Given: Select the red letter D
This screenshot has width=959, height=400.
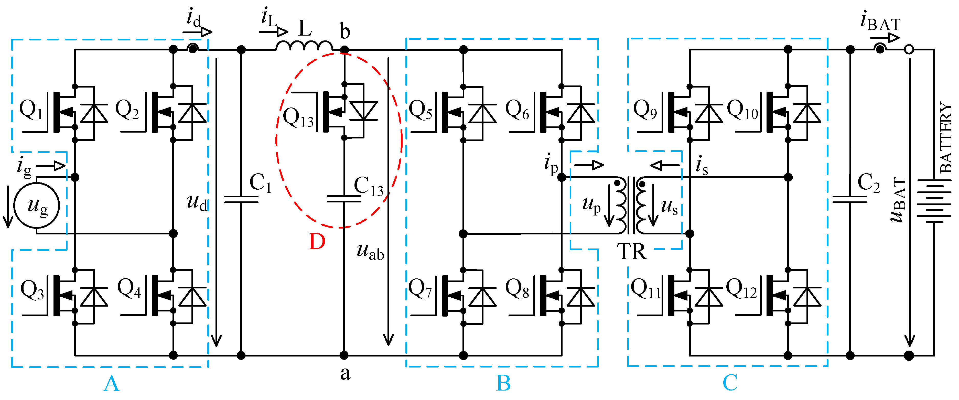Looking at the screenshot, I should point(317,242).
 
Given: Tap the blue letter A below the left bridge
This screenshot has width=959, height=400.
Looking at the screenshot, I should point(111,384).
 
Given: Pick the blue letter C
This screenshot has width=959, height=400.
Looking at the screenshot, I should point(730,383).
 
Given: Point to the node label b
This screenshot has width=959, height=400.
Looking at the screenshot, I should point(345,31).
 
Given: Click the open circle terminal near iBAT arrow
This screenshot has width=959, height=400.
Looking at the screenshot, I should point(909,49).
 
